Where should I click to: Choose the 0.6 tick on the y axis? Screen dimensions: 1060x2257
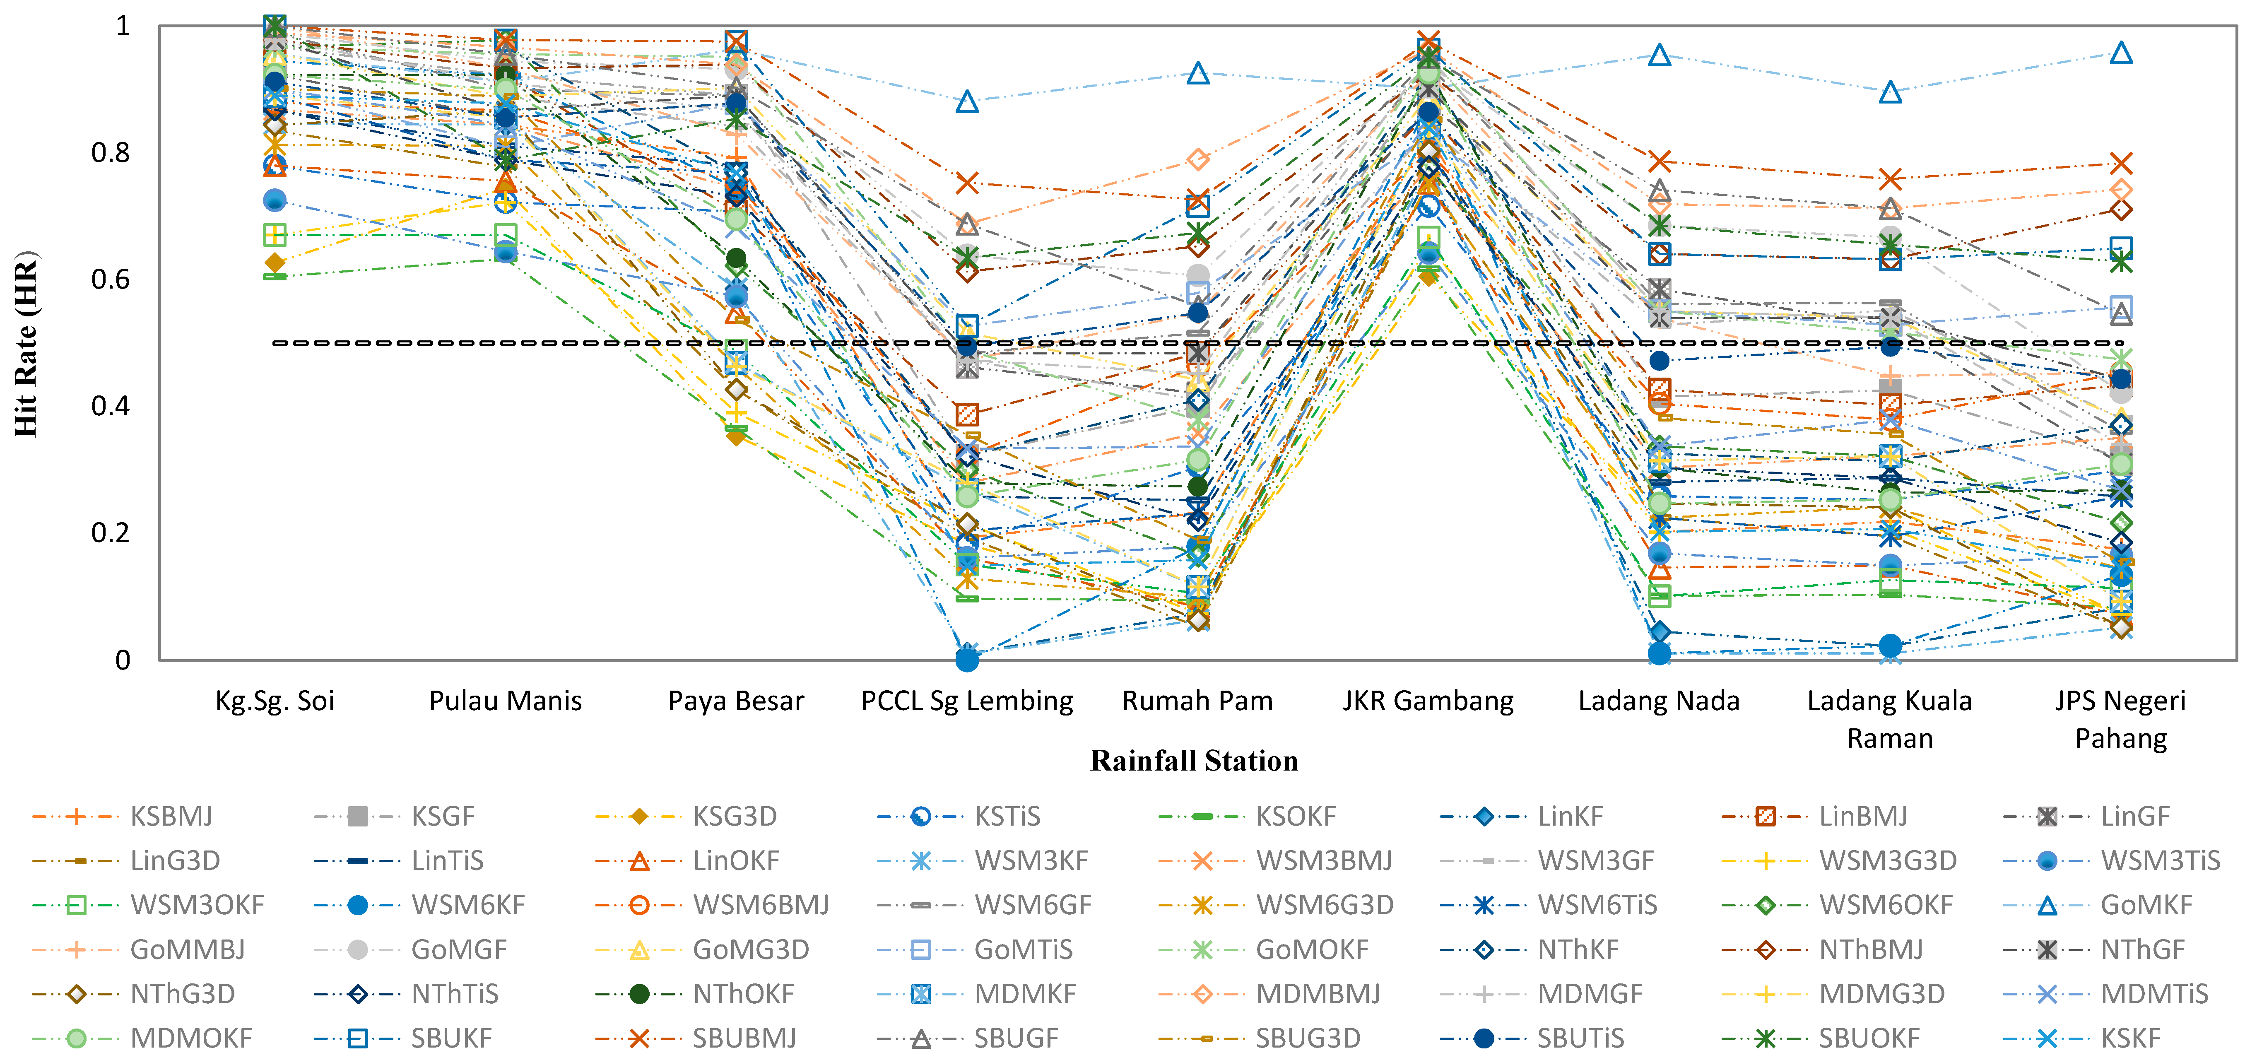pyautogui.click(x=111, y=279)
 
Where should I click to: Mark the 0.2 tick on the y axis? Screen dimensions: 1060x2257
pyautogui.click(x=111, y=532)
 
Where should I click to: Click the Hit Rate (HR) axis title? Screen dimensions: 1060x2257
pyautogui.click(x=26, y=343)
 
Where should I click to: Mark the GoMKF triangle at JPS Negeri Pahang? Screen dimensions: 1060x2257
pyautogui.click(x=2120, y=53)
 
